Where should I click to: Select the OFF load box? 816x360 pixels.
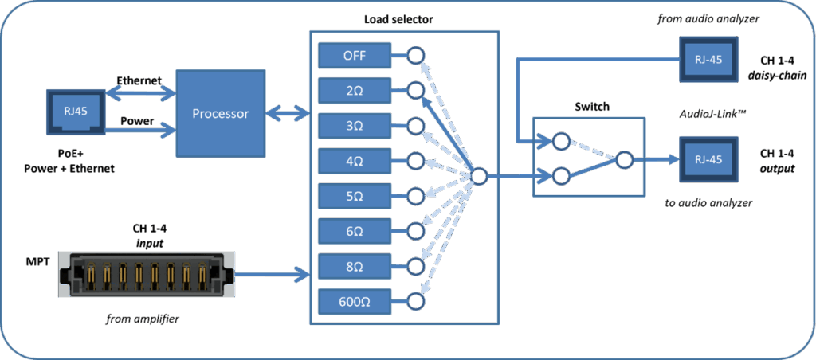click(x=355, y=56)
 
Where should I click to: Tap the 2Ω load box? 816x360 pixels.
click(x=355, y=91)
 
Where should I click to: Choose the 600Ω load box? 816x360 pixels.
click(x=355, y=302)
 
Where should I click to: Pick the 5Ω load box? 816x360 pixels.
click(x=355, y=196)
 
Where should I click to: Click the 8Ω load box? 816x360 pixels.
click(x=355, y=266)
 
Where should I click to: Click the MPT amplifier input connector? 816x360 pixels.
click(x=147, y=275)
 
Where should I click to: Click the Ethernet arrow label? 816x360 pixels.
click(x=139, y=80)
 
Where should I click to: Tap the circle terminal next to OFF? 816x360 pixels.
click(x=415, y=56)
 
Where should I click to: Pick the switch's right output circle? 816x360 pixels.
click(x=623, y=160)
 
